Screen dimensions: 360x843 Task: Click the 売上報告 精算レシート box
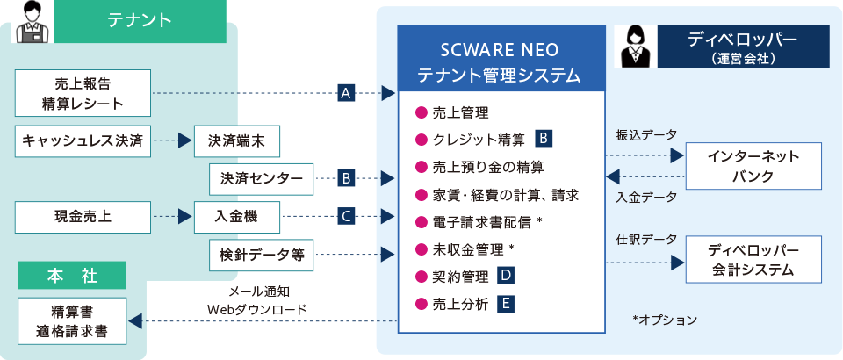[83, 93]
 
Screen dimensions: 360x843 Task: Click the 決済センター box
[261, 179]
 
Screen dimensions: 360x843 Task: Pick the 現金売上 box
[83, 215]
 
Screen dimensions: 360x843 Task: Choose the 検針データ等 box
[261, 254]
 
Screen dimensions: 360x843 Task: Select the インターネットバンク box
[753, 166]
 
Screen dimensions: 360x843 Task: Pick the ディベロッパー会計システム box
[753, 261]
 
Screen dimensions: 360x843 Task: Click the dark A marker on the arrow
[346, 93]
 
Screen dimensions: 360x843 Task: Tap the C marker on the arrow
[346, 215]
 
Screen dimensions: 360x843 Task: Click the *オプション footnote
[664, 320]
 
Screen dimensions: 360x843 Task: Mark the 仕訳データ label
[647, 239]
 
